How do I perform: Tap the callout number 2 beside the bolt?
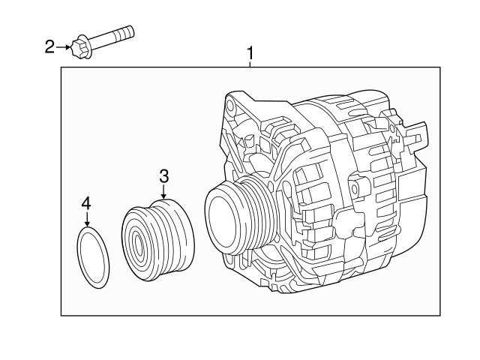click(50, 47)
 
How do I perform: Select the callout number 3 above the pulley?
click(163, 176)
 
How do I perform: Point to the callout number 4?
click(86, 203)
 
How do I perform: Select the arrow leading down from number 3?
click(163, 192)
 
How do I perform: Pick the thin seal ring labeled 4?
click(94, 259)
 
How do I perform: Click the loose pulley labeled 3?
click(158, 239)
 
